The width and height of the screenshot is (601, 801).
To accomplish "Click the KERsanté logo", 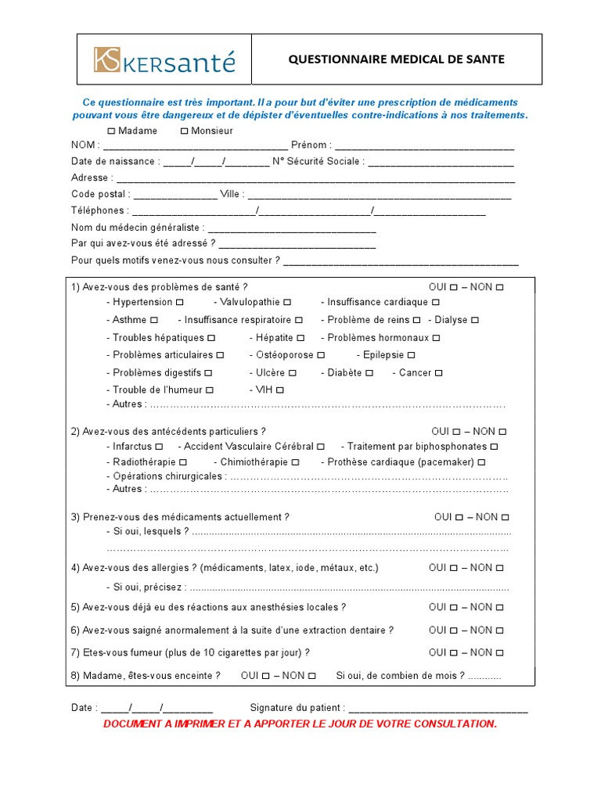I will coord(164,60).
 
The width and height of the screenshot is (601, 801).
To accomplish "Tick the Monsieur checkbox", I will coord(184,131).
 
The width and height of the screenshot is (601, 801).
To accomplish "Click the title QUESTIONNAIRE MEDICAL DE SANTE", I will coord(397,59).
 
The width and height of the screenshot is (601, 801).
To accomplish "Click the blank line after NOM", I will coord(195,146).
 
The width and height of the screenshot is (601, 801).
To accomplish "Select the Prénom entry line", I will coord(424,146).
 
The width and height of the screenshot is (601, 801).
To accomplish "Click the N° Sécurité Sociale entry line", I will coord(441,163).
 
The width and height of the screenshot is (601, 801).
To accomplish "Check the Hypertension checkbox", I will coord(180,302).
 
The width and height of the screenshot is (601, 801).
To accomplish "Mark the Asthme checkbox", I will coord(154,320).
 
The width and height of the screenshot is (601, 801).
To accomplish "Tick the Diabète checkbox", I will coord(369,373).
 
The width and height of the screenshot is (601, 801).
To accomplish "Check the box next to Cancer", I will coord(438,373).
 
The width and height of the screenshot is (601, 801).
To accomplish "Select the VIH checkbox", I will coord(280,390).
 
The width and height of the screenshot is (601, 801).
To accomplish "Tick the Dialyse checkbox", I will coord(475,320).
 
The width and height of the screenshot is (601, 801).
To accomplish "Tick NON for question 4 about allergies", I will coord(500,568).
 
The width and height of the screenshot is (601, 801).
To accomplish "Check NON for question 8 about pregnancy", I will coord(311,676).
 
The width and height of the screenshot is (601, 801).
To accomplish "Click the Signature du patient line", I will coord(437,709).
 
